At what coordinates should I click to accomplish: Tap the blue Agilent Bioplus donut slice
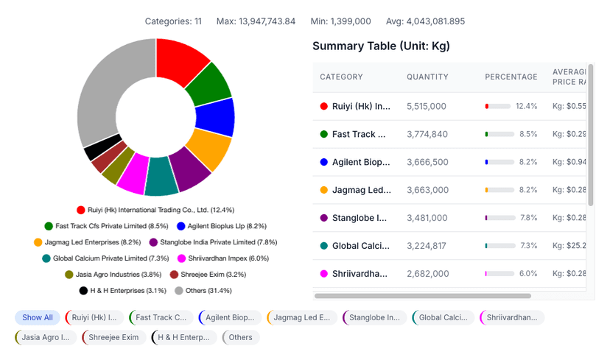point(216,117)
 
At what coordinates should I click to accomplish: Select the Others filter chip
point(240,338)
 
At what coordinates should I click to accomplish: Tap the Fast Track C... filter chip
point(160,318)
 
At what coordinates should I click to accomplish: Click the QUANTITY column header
point(427,77)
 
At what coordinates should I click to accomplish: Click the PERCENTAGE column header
point(511,77)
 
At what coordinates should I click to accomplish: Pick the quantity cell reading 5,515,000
point(427,107)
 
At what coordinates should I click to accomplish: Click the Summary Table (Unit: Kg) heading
point(381,46)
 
